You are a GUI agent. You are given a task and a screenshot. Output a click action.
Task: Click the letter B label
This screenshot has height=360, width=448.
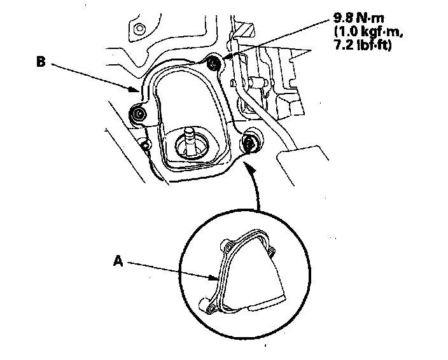tap(40, 62)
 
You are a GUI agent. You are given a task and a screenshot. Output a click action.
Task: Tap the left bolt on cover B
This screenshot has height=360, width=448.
tap(139, 114)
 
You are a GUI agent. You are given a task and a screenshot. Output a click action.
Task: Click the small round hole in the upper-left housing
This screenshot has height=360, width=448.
tap(139, 31)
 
